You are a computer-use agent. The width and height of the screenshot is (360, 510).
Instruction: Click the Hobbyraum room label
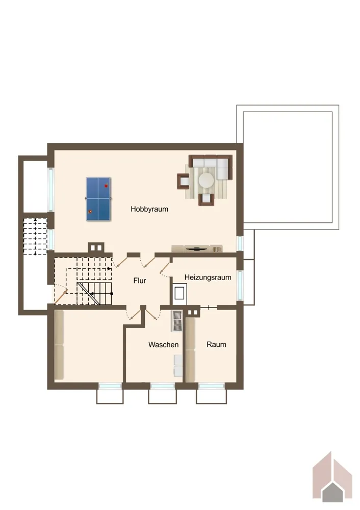(149, 209)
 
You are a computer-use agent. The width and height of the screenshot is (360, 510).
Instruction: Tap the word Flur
(140, 280)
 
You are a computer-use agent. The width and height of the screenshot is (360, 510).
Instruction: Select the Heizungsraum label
(208, 277)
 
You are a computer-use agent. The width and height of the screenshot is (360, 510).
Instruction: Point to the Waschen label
(163, 345)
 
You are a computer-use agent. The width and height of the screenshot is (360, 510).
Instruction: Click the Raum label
(216, 344)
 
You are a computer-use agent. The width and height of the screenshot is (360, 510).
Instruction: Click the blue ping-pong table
(98, 199)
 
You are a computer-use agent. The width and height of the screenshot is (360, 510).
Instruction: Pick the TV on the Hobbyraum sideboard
(196, 249)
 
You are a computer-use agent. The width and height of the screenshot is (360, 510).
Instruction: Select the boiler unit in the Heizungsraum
(179, 293)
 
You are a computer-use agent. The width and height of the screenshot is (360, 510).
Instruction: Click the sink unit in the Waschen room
(177, 321)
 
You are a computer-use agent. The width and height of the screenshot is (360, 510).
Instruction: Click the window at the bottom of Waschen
(163, 386)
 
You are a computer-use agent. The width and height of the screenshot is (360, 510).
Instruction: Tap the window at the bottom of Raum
(212, 386)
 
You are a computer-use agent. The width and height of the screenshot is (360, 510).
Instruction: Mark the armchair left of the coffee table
(183, 181)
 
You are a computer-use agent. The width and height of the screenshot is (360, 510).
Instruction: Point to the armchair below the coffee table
(207, 199)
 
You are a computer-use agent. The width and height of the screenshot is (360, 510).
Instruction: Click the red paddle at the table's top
(106, 186)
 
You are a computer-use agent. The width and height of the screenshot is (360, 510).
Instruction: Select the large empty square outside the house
(288, 167)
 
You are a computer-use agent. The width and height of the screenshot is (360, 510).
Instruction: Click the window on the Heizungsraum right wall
(240, 285)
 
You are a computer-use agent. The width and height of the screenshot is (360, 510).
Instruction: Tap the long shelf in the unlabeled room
(59, 345)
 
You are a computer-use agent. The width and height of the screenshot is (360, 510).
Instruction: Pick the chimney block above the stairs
(96, 248)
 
